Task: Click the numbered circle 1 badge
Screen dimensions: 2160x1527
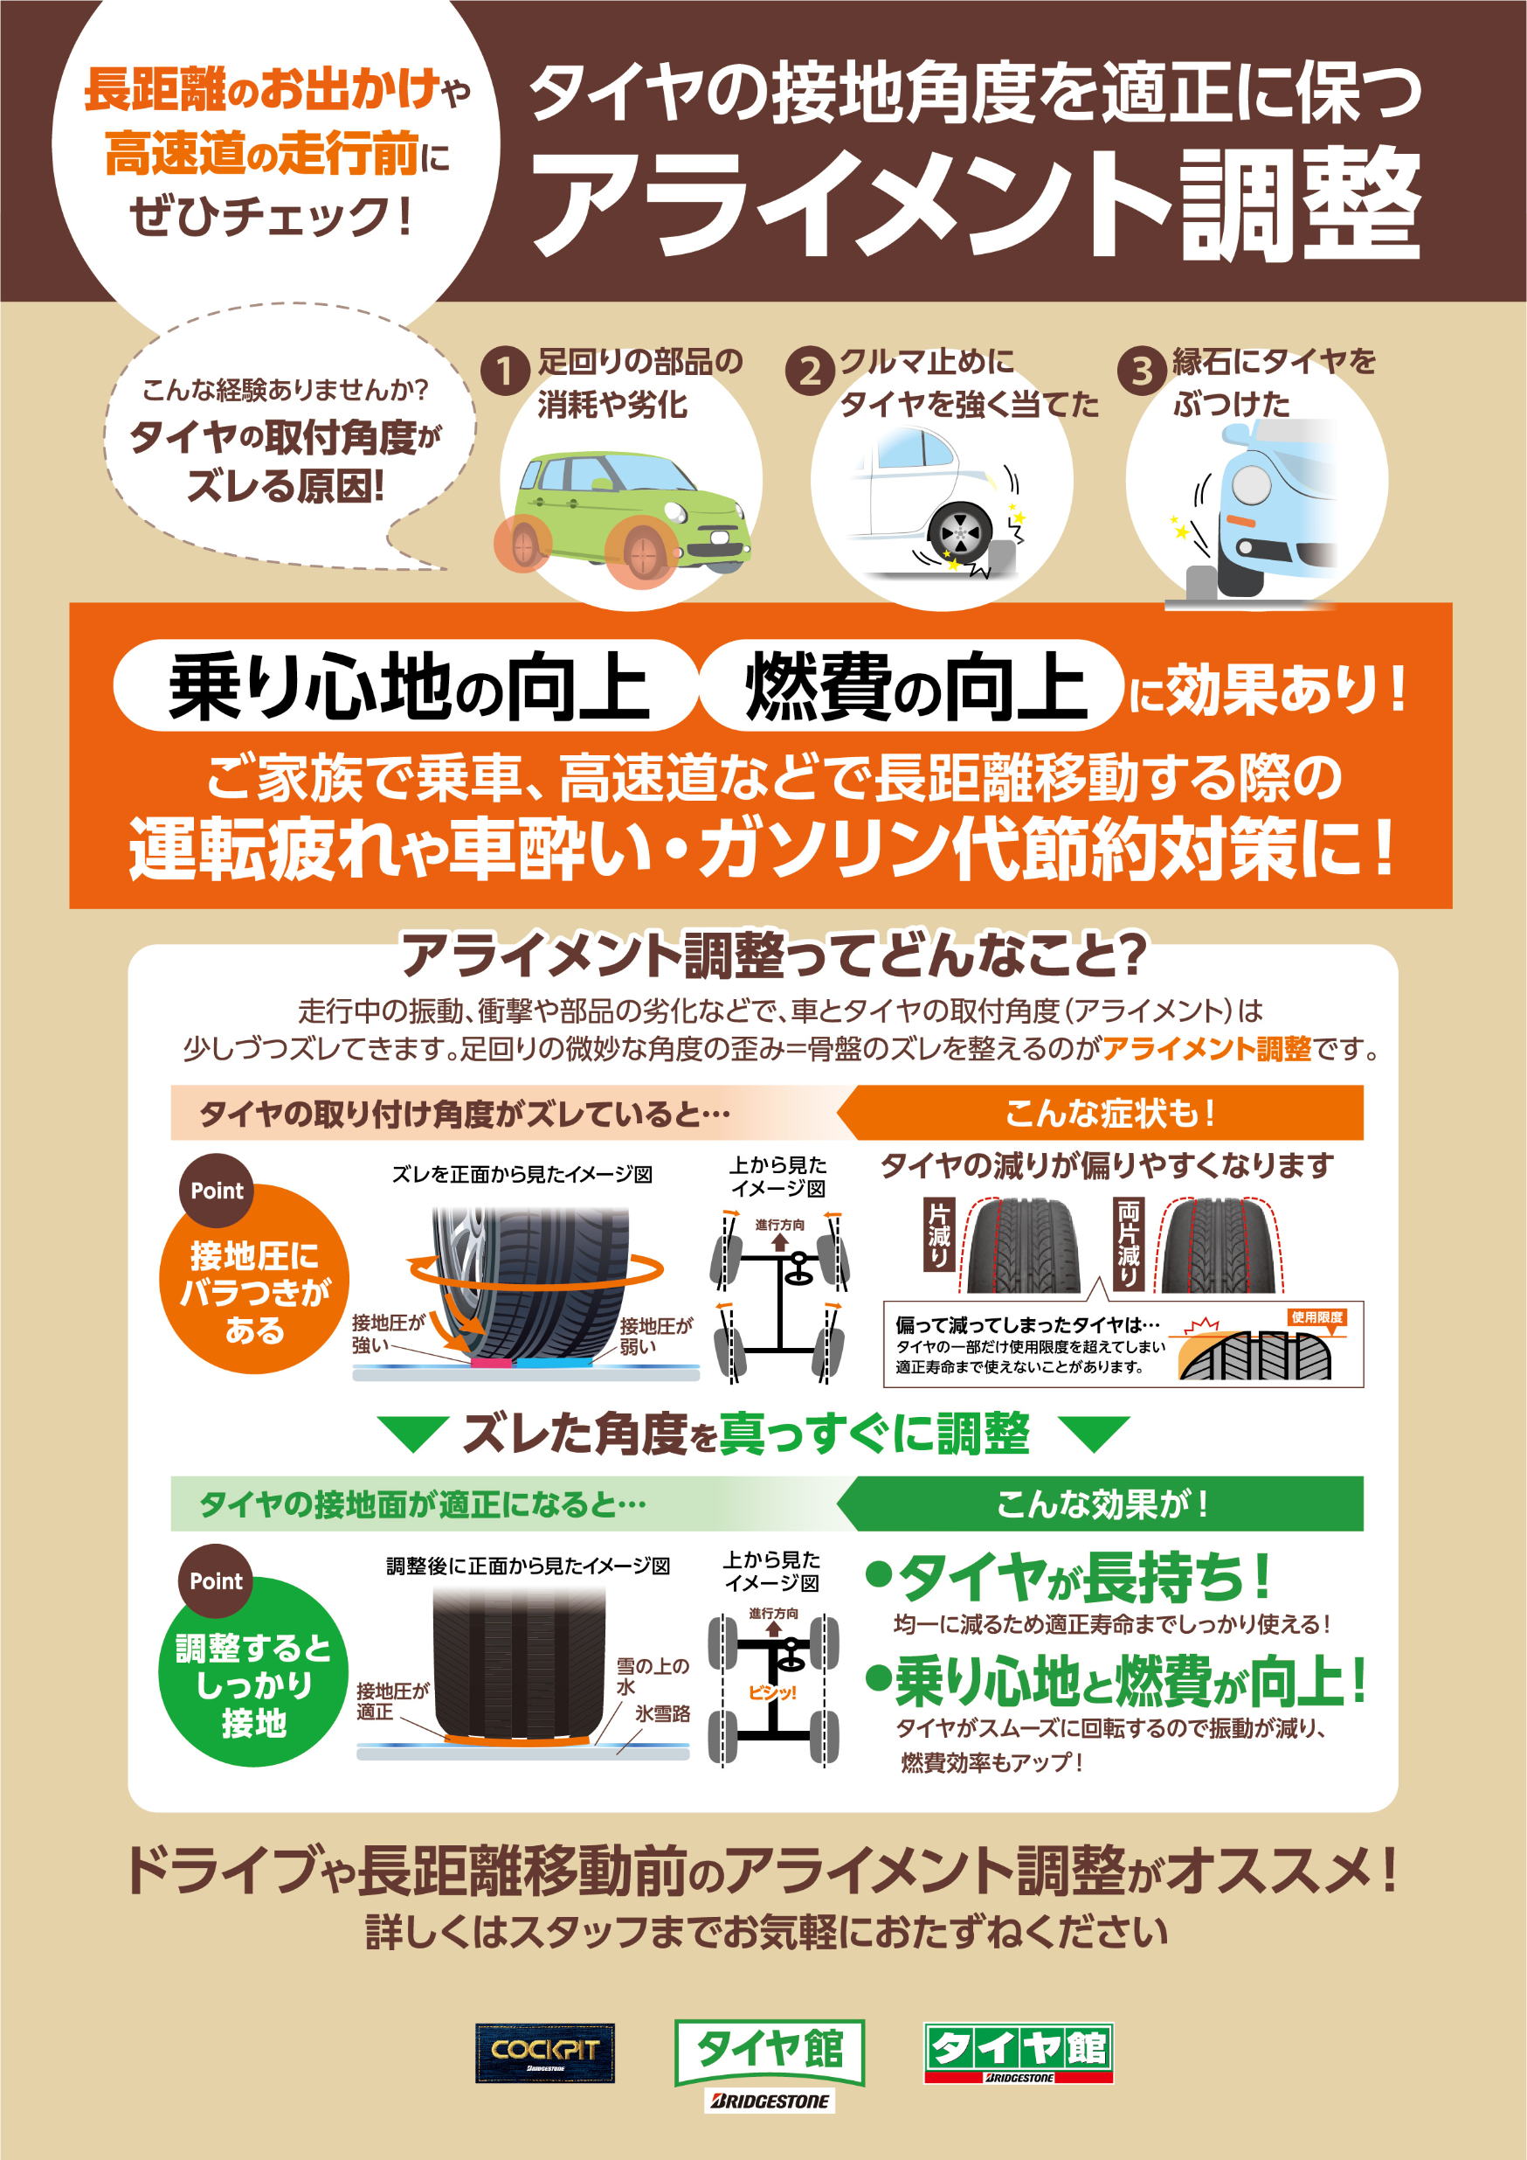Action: (x=504, y=371)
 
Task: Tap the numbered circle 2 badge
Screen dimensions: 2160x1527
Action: (x=810, y=371)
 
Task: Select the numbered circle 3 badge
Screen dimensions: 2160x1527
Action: (x=1142, y=371)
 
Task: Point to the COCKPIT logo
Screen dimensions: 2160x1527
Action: (x=544, y=2052)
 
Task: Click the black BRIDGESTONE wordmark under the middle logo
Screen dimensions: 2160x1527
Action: (x=769, y=2101)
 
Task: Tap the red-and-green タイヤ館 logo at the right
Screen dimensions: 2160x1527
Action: (x=1019, y=2052)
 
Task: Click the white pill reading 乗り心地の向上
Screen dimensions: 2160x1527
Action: (x=406, y=686)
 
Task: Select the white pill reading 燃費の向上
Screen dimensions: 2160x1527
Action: (x=912, y=686)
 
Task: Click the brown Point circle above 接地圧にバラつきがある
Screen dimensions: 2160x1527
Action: (x=217, y=1190)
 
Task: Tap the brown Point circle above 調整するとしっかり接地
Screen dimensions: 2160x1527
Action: (x=215, y=1580)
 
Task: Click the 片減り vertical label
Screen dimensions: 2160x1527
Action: (x=939, y=1233)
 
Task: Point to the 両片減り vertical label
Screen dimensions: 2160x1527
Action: (x=1129, y=1243)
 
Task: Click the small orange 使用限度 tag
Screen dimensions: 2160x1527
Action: (x=1316, y=1317)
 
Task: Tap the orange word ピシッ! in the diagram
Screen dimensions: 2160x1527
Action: (x=772, y=1691)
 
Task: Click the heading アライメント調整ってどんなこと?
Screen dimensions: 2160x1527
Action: (x=773, y=954)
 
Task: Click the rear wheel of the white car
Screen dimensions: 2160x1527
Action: (x=960, y=532)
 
